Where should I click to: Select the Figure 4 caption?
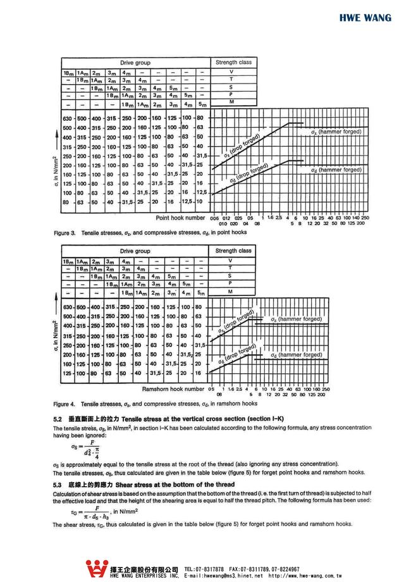click(155, 404)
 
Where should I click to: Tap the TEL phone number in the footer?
click(204, 569)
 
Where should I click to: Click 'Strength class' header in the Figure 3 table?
click(233, 63)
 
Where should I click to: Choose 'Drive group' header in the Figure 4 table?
click(135, 251)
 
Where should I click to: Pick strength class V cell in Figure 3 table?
click(231, 71)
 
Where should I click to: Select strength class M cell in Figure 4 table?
click(231, 292)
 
